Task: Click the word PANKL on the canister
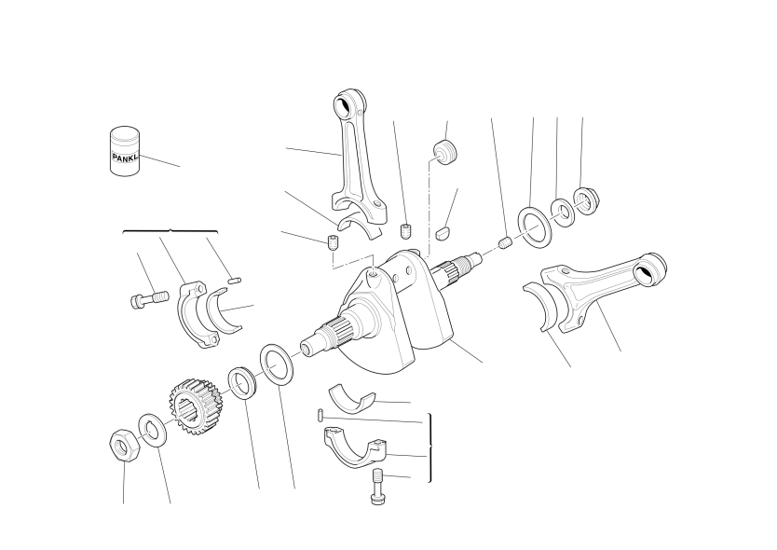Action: click(x=126, y=158)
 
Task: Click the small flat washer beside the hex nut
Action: click(x=152, y=430)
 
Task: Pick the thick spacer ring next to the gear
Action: click(x=242, y=382)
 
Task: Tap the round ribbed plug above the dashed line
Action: click(x=445, y=152)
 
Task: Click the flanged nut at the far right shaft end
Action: click(x=586, y=200)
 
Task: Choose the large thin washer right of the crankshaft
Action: click(x=535, y=227)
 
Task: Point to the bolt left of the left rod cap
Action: click(x=149, y=300)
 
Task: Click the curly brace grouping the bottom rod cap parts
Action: click(x=429, y=447)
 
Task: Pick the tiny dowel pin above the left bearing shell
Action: click(x=235, y=282)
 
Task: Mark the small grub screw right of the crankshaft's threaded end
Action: click(x=504, y=243)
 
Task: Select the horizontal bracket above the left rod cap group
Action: click(x=170, y=231)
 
